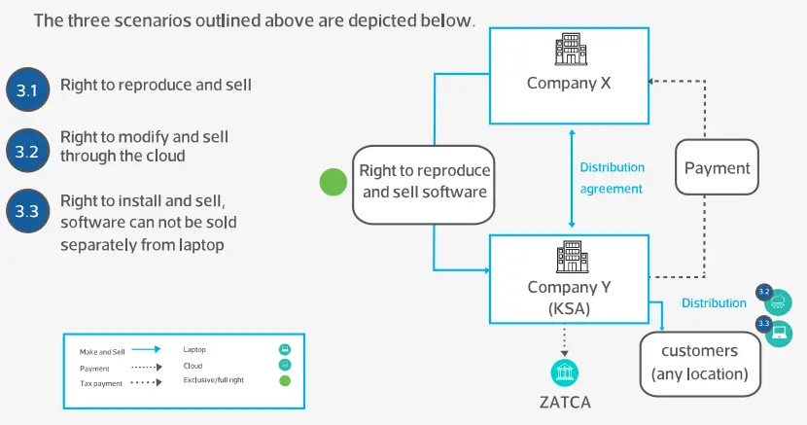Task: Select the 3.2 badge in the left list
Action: coord(26,151)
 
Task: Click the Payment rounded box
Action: coord(717,169)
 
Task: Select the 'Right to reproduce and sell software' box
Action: coord(424,182)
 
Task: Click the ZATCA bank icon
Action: coord(563,373)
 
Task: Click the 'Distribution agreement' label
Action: coord(612,178)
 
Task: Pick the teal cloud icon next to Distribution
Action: coord(779,300)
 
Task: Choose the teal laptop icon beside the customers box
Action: coord(779,333)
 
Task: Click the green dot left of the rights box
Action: coord(333,182)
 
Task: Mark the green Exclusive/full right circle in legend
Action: coord(285,379)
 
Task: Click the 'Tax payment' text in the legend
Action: coord(100,384)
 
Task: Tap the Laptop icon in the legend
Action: coord(285,349)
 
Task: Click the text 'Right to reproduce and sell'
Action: coord(157,85)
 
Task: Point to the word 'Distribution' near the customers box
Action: coord(714,303)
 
